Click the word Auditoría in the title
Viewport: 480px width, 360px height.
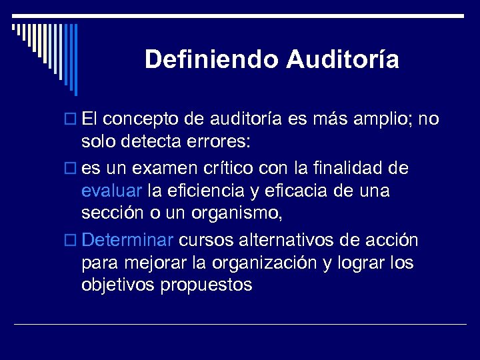point(343,60)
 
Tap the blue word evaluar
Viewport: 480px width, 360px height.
point(111,191)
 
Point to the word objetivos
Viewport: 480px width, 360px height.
point(117,285)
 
